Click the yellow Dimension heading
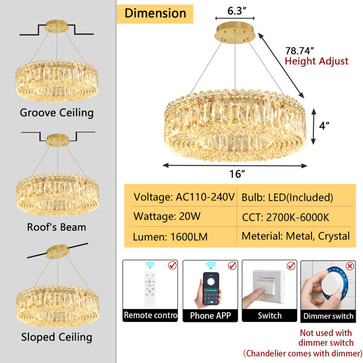coord(155,13)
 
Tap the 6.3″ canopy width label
coord(237,11)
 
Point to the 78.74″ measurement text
coord(299,50)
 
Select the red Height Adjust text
coord(316,61)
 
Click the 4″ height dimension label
coord(324,126)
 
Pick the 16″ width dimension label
coord(237,174)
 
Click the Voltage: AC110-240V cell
coord(184,197)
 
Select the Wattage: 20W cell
coord(167,217)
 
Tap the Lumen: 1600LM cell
coord(170,237)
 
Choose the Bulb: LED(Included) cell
coord(287,197)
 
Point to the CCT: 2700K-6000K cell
coord(286,217)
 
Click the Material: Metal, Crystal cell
coord(296,237)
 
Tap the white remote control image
coord(150,288)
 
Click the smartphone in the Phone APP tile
coord(211,289)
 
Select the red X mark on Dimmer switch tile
coord(350,266)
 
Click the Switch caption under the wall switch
coord(270,316)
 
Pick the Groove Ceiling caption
coord(57,113)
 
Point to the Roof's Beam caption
coord(56,227)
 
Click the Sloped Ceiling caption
coord(57,338)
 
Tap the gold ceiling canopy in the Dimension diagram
coord(235,33)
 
